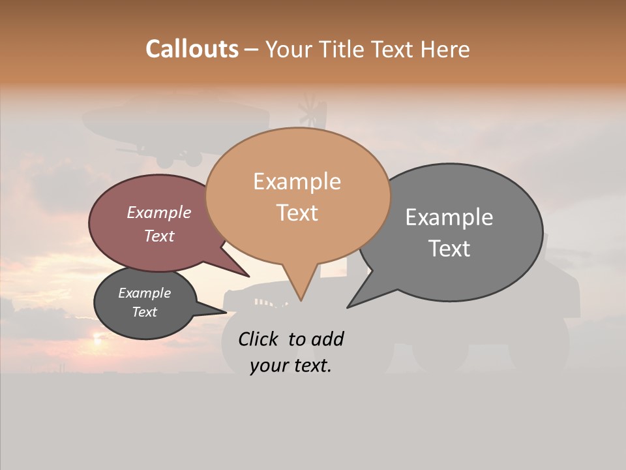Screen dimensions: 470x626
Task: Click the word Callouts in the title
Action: coord(192,49)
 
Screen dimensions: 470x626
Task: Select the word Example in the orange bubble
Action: coord(297,181)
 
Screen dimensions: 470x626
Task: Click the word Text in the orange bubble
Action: coord(297,212)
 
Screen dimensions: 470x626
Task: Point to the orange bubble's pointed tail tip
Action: coord(301,300)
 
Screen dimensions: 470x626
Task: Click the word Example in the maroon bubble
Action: coord(158,212)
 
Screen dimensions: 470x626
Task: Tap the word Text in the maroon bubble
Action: coord(158,236)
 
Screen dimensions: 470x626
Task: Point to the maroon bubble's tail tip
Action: coord(248,276)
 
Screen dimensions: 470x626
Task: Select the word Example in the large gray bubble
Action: coord(449,217)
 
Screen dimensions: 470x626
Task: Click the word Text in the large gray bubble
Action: coord(449,248)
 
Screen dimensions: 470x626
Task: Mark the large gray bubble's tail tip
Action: coord(348,307)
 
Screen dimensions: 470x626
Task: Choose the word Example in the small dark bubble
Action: coord(144,293)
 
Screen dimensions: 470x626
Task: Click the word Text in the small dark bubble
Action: coord(144,312)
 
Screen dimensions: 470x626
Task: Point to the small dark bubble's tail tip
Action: coord(226,312)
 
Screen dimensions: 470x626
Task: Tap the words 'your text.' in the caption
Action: coord(290,366)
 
